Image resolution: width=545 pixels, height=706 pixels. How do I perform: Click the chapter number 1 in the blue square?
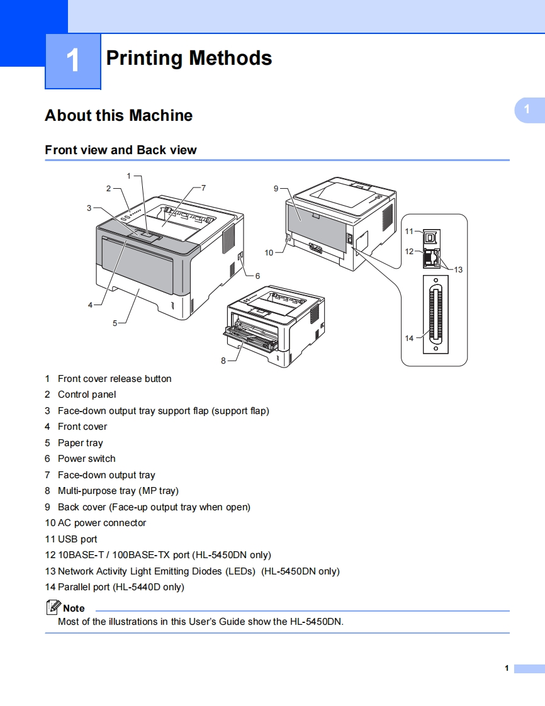coord(73,61)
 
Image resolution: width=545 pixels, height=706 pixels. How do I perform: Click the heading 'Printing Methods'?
coord(189,58)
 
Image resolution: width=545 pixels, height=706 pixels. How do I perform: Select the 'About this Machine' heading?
coord(118,116)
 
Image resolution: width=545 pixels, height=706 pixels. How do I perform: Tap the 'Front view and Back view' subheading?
coord(121,150)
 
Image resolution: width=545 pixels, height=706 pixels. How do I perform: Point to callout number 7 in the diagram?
coord(203,188)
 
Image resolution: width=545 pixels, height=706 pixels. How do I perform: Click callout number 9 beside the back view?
coord(276,188)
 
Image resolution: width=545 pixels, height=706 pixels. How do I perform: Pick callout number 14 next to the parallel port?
coord(409,338)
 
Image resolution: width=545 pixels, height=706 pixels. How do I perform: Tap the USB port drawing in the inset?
coord(431,236)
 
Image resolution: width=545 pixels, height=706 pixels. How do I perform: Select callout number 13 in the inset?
coord(458,269)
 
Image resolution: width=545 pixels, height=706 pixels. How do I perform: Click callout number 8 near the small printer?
coord(223,361)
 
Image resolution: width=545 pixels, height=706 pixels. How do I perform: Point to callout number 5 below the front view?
coord(115,323)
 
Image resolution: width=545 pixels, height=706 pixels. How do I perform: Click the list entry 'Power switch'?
coord(86,459)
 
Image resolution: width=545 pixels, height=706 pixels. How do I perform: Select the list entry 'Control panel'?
coord(87,395)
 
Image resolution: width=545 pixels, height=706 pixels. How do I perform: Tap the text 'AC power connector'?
coord(101,523)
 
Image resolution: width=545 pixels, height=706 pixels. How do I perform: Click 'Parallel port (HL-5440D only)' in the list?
coord(121,587)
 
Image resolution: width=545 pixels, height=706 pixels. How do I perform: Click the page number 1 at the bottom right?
coord(506,668)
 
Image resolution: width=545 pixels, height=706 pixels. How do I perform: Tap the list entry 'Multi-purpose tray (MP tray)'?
coord(118,491)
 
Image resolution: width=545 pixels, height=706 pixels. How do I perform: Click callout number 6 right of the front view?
coord(257,276)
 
